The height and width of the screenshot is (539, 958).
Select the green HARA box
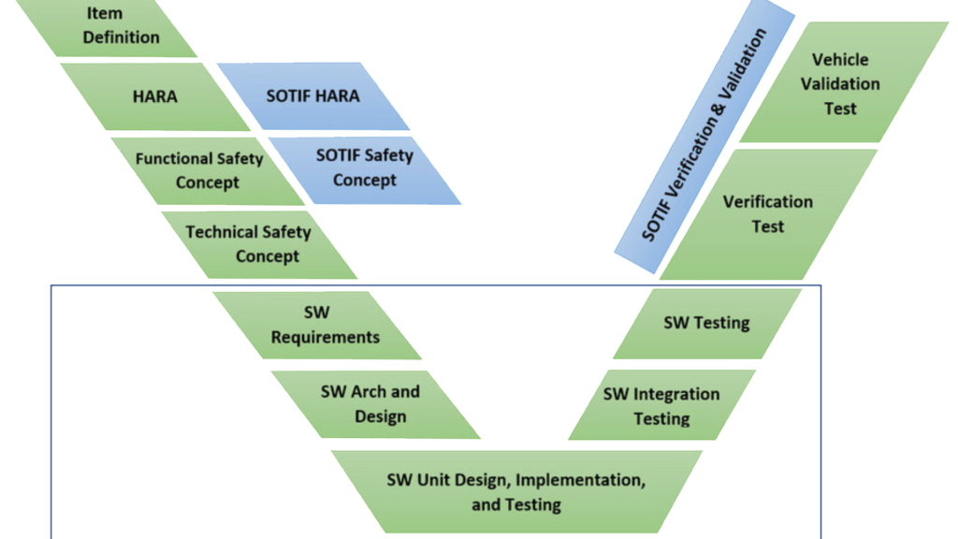tap(155, 96)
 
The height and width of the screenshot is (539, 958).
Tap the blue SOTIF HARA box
tap(312, 96)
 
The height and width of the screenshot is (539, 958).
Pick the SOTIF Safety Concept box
tap(364, 168)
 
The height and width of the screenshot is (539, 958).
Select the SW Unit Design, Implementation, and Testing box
tap(515, 492)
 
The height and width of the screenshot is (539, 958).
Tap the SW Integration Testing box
tap(661, 405)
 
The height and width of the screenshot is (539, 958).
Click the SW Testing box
tap(706, 323)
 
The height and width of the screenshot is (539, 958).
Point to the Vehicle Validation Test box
tap(840, 83)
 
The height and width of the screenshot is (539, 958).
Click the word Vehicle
tap(840, 59)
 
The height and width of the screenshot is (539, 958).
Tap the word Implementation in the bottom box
tap(580, 480)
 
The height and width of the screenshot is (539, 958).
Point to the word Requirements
tap(326, 336)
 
